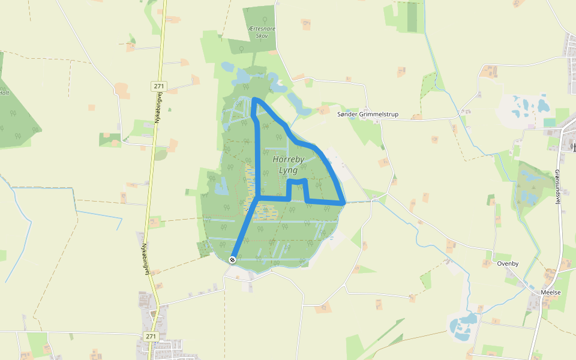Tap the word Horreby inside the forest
coord(289,160)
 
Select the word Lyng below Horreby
coord(289,170)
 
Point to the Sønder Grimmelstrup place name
coord(368,114)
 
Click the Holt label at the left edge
coord(5,93)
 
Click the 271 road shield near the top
coord(159,86)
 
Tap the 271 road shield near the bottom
coord(150,336)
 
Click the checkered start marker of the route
coord(232,259)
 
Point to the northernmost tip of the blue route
coord(254,99)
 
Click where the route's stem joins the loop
coord(258,197)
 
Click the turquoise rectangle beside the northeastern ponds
coord(550,122)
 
